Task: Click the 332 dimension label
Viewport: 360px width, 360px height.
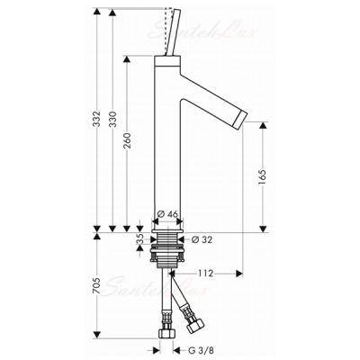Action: [x=96, y=119]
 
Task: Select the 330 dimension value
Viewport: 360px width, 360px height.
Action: [x=112, y=119]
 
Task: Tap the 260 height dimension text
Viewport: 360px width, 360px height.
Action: [x=127, y=140]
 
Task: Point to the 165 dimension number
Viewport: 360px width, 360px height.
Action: [x=262, y=177]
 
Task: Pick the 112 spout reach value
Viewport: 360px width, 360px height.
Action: [x=205, y=274]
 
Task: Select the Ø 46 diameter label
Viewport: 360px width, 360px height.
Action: [x=167, y=214]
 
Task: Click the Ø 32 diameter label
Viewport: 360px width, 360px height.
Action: [x=202, y=239]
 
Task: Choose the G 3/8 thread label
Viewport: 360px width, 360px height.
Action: [x=201, y=350]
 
